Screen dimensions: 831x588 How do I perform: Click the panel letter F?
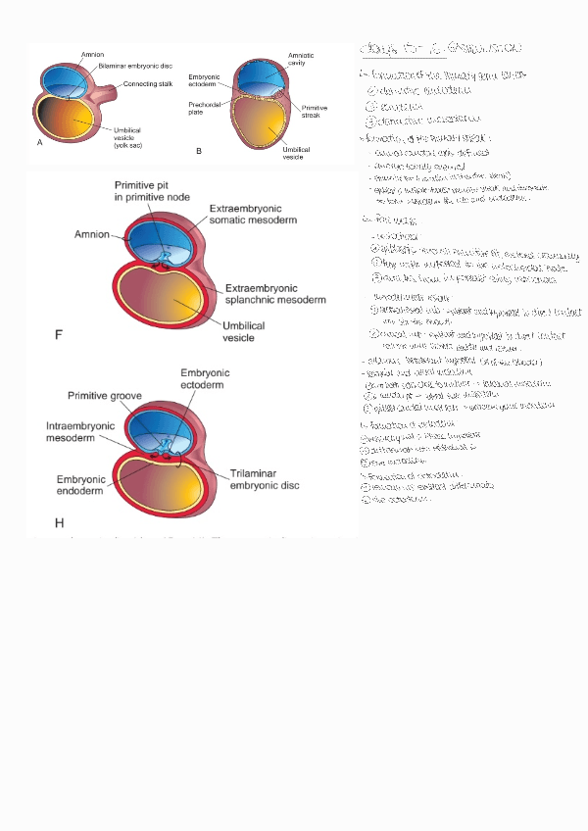[59, 335]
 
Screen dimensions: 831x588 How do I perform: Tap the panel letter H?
[59, 522]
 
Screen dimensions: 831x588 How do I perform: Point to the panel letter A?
[40, 143]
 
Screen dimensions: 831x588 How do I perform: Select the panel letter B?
[199, 150]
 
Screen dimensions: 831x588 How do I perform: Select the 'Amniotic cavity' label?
[301, 60]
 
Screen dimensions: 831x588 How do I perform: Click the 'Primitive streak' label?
[315, 112]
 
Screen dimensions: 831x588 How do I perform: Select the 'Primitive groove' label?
[106, 396]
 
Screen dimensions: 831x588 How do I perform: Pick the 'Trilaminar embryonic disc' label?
[265, 479]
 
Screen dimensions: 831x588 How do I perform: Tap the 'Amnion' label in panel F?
[91, 235]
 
